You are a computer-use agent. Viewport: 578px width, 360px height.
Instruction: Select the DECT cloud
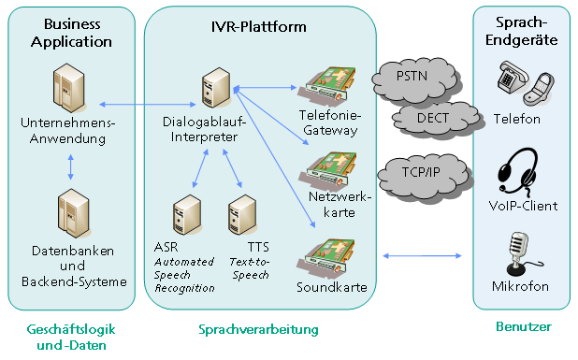click(435, 119)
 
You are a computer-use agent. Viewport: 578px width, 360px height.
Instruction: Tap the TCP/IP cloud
click(423, 175)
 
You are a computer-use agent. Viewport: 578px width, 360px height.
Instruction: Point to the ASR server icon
click(187, 215)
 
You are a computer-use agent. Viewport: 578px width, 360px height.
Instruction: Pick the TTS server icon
click(242, 215)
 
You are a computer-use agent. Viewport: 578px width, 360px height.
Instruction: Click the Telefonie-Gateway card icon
click(327, 84)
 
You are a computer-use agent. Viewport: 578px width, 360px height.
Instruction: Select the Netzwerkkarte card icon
click(328, 170)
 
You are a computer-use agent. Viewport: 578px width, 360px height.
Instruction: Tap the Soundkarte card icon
click(326, 255)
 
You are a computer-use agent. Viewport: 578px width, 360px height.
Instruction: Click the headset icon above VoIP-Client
click(517, 172)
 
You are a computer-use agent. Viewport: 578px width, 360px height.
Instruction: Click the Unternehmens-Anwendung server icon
click(69, 88)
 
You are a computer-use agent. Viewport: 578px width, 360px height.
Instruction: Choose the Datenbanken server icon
click(74, 214)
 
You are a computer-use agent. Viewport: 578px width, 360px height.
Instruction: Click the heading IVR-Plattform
click(259, 27)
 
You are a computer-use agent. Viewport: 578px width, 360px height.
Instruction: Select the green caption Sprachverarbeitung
click(258, 329)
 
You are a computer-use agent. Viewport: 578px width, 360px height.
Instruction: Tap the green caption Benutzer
click(524, 326)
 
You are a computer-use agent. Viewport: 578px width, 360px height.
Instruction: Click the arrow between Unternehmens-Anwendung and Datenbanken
click(70, 167)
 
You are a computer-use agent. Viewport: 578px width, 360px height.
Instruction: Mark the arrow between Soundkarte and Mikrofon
click(422, 255)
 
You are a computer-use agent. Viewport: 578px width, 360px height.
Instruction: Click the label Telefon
click(517, 119)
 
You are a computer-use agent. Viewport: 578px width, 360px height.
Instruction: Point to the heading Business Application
click(71, 33)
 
